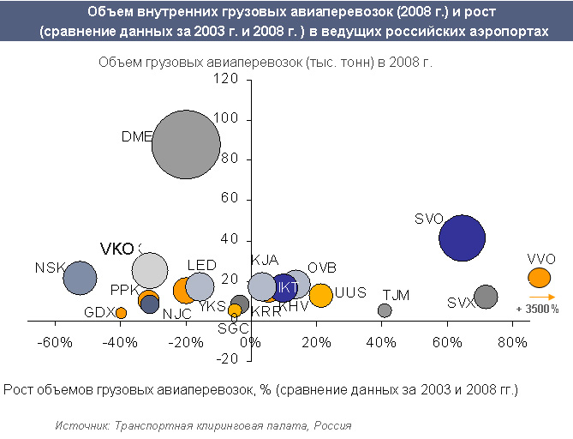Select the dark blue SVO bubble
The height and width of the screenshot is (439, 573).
click(462, 238)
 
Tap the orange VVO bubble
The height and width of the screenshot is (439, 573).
click(539, 278)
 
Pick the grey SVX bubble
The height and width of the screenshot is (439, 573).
click(486, 297)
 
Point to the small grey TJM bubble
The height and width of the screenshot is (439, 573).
click(385, 310)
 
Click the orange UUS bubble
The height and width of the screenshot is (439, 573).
click(320, 295)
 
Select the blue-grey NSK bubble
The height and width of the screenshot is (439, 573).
click(80, 278)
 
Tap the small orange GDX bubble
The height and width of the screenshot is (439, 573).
click(121, 313)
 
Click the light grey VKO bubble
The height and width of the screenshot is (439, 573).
click(150, 270)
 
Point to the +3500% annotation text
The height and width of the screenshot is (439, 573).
click(537, 309)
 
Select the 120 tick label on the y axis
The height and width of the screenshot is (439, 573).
click(227, 79)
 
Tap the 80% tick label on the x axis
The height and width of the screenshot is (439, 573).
click(513, 344)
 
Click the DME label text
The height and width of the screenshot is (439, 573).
click(136, 136)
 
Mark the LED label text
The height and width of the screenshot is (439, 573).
click(201, 266)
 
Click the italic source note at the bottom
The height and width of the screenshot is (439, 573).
click(203, 425)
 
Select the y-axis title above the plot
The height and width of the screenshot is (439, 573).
click(266, 63)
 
